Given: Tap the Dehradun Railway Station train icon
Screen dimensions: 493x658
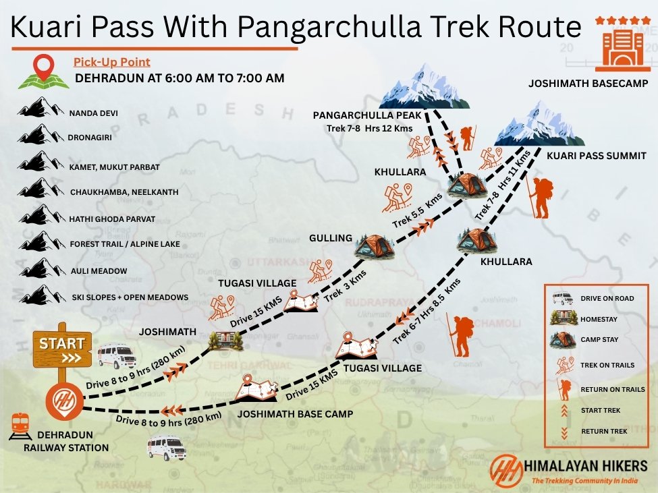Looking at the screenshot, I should (20, 426).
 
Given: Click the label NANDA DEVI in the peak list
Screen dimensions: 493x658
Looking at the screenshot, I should (94, 113).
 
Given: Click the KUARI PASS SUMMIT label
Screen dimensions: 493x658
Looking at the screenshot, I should (596, 156).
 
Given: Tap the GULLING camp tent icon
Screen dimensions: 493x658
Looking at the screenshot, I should (374, 246).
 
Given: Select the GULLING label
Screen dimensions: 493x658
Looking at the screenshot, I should (331, 238).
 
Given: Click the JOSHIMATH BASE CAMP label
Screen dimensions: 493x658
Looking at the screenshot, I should (294, 413).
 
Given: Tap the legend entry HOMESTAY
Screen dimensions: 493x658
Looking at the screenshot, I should (598, 319).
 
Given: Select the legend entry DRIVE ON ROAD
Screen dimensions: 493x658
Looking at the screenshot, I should (607, 298).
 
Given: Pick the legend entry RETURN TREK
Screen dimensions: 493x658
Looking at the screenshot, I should (604, 431).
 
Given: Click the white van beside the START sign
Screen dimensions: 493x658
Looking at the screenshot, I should (116, 356).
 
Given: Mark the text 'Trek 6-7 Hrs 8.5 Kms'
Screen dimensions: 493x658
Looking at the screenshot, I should (427, 310).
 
